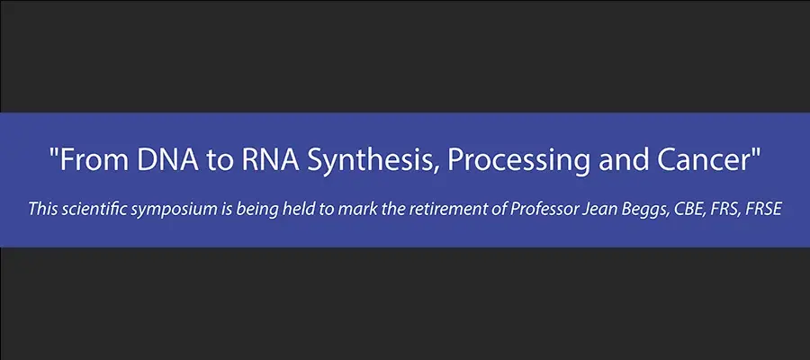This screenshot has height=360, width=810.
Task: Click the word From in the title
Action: (x=91, y=160)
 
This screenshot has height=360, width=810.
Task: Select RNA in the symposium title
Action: (x=268, y=160)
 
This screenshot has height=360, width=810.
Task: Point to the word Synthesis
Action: (x=371, y=162)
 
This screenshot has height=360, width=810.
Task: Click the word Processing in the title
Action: (x=517, y=162)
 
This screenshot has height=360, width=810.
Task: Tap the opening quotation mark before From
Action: (x=53, y=152)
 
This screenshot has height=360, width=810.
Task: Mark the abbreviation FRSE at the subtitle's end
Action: (x=764, y=209)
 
